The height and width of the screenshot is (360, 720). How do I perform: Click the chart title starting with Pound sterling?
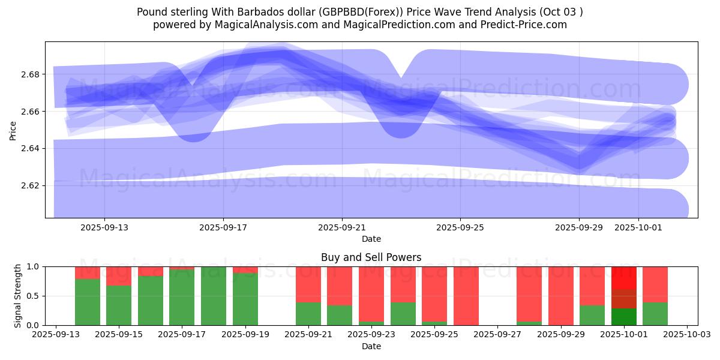(359, 12)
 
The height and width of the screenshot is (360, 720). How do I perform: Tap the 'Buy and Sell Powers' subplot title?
(371, 257)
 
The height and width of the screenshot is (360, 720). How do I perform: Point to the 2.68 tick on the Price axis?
(31, 74)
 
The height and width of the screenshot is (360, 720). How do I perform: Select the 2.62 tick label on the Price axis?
(31, 185)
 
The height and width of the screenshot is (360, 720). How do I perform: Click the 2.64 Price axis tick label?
(31, 148)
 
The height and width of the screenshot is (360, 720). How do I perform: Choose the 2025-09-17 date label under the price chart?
(223, 228)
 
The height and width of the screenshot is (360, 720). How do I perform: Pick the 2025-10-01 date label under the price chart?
(638, 228)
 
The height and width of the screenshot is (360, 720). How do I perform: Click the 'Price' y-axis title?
(13, 130)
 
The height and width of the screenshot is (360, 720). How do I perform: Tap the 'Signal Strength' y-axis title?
(18, 296)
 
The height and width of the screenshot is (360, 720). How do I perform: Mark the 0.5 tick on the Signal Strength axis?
(34, 296)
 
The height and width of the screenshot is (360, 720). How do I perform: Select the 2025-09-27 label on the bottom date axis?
(497, 335)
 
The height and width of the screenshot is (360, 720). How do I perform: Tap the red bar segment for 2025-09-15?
(119, 275)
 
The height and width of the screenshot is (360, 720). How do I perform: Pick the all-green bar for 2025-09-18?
(214, 296)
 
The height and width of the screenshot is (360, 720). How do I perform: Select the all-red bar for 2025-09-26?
(466, 296)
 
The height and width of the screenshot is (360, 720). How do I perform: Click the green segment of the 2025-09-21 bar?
(308, 314)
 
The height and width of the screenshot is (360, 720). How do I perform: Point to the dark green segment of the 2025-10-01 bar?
(624, 317)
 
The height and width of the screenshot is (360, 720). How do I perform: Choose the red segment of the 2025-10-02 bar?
(655, 284)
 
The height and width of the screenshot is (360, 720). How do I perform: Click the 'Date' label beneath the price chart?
(371, 239)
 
